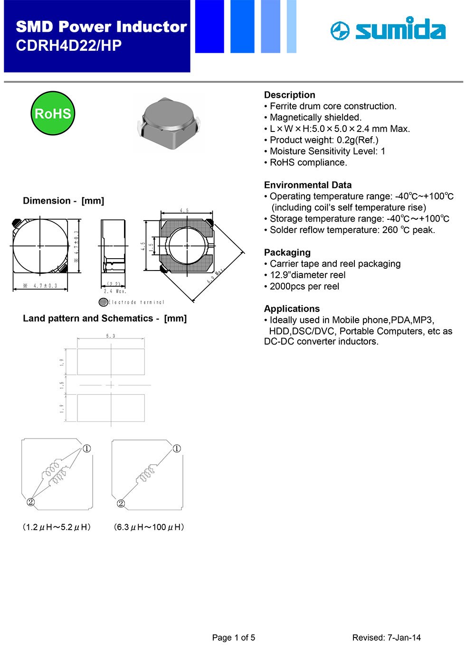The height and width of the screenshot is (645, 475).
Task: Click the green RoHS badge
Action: coord(53,113)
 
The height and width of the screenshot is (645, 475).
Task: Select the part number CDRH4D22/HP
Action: coord(69,46)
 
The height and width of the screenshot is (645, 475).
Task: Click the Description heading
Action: coord(289,95)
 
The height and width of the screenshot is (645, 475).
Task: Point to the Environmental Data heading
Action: coord(308,185)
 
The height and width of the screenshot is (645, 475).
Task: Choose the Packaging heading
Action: coord(287,252)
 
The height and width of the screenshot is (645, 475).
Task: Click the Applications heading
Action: coord(292,308)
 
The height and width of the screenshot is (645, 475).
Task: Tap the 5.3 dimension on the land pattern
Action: coord(111,336)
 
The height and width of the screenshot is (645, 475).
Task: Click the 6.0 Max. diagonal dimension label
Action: coord(215,276)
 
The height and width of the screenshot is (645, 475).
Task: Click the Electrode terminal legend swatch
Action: coord(103,302)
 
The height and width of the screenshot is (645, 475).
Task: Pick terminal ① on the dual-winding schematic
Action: coord(87,449)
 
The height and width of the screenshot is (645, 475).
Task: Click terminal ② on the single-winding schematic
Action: coord(121,503)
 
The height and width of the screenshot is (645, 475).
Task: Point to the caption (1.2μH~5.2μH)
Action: coord(57,527)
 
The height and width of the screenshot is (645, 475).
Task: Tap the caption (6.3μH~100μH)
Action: coord(149,527)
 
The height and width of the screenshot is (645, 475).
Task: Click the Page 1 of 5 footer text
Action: coord(233,637)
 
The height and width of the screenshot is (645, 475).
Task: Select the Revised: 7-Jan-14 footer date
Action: coord(386,637)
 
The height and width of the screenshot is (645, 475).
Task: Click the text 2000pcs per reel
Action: coord(304,286)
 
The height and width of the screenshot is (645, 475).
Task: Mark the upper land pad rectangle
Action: coord(111,362)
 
